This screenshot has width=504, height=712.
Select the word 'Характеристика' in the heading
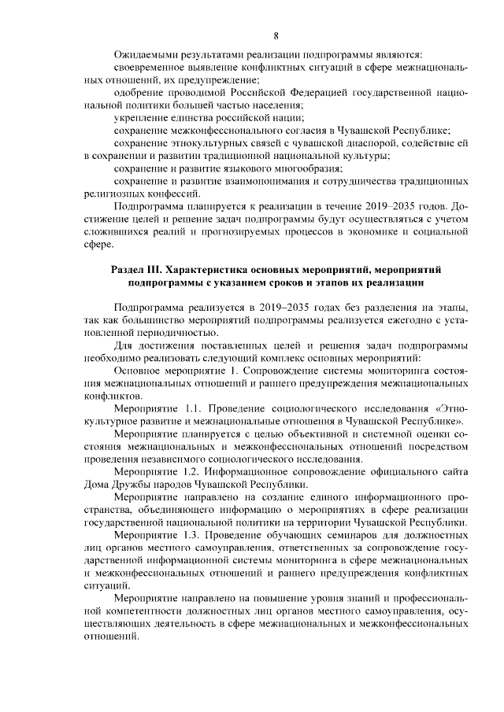[216, 270]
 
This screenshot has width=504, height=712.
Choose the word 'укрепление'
[140, 117]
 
